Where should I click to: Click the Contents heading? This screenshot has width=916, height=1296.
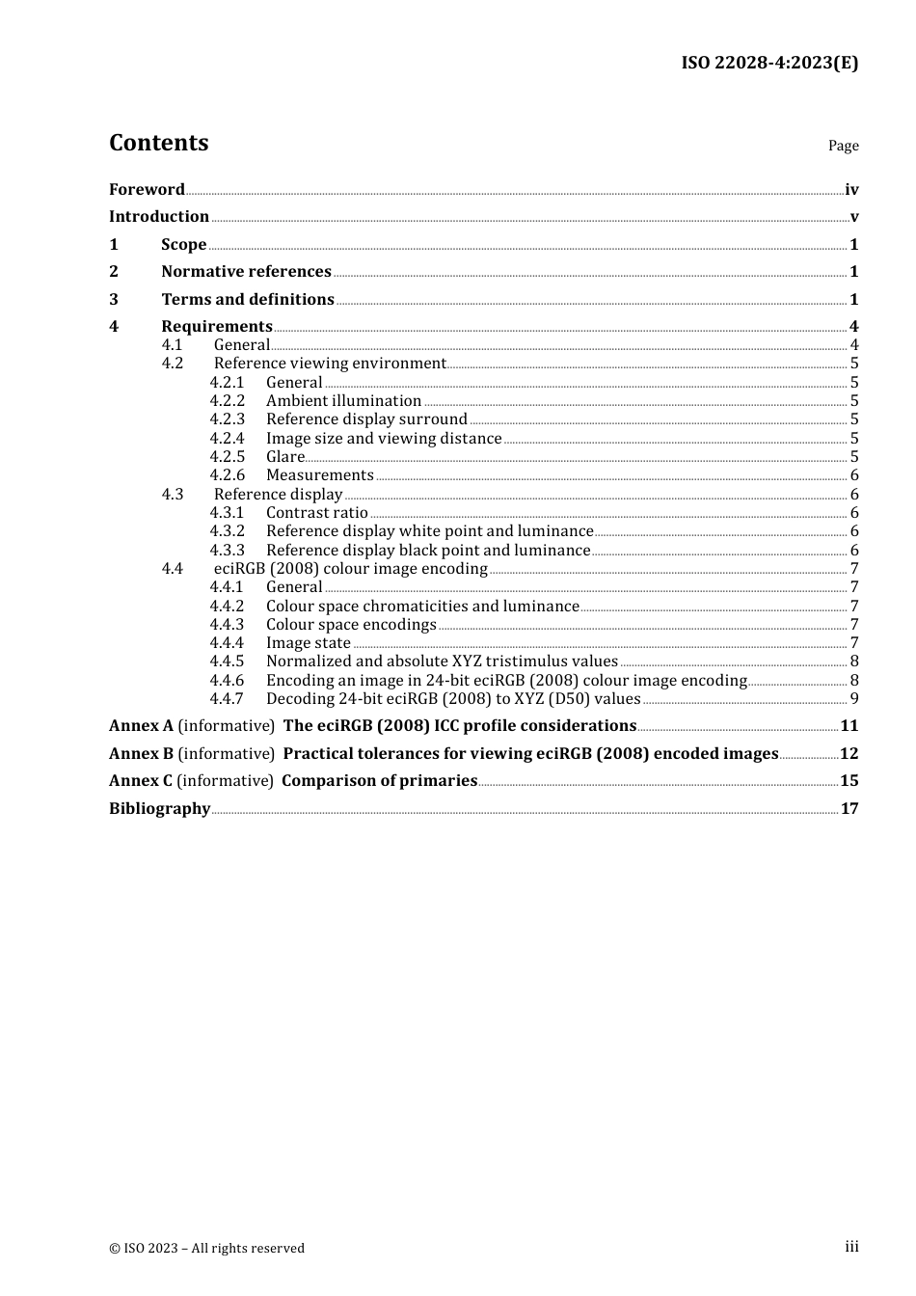pos(158,143)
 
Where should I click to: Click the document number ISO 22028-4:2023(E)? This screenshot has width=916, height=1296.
pos(768,63)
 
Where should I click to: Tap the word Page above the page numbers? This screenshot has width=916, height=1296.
pos(843,146)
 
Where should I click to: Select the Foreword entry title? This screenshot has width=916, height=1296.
pos(147,190)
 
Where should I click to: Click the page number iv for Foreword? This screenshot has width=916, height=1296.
pos(851,190)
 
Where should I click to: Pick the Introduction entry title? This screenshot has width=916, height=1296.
pos(159,217)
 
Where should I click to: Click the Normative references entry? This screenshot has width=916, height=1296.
pos(246,272)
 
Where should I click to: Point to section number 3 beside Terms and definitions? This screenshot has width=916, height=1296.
pos(114,300)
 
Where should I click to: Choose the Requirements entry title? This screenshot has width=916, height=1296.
pos(217,327)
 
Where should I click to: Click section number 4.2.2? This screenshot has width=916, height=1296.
pos(228,401)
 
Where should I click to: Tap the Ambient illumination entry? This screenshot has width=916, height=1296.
pos(343,401)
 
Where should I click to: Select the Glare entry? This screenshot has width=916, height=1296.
pos(285,457)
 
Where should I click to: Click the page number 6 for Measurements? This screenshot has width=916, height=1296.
pos(854,475)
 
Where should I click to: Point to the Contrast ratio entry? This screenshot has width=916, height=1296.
pos(317,513)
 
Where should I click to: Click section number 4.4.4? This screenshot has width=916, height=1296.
pos(228,643)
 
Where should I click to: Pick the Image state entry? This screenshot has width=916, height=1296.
pos(309,643)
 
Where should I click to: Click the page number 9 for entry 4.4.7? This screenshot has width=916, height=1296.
pos(854,699)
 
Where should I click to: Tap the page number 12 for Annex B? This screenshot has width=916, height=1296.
pos(849,754)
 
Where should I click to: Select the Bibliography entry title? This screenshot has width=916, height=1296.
pos(159,809)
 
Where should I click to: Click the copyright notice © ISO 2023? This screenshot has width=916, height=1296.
pos(206,1248)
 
